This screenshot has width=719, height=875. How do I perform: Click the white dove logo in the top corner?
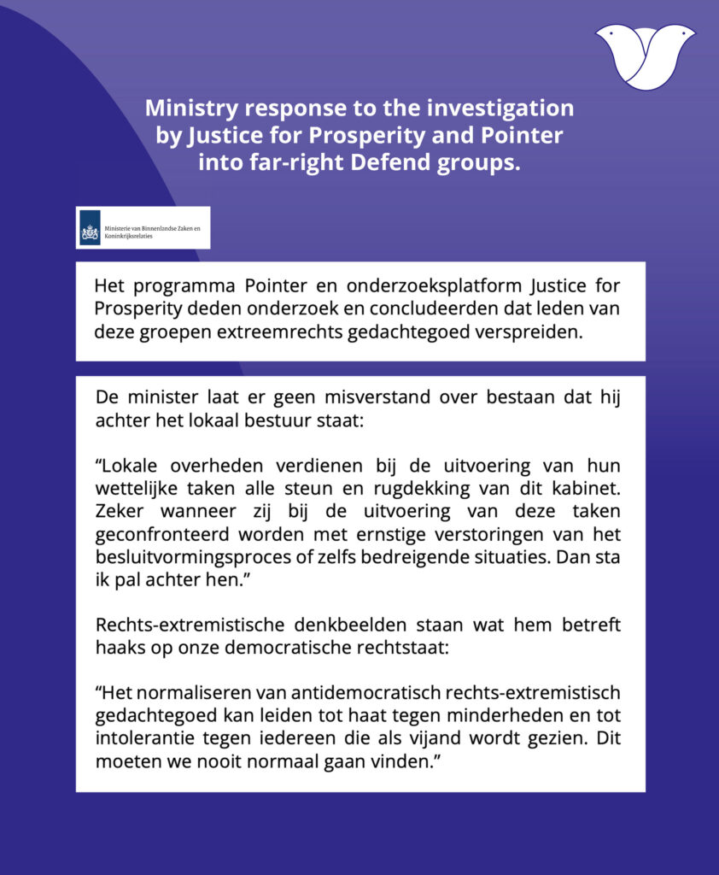(645, 56)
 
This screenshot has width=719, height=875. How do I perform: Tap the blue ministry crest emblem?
(90, 228)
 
